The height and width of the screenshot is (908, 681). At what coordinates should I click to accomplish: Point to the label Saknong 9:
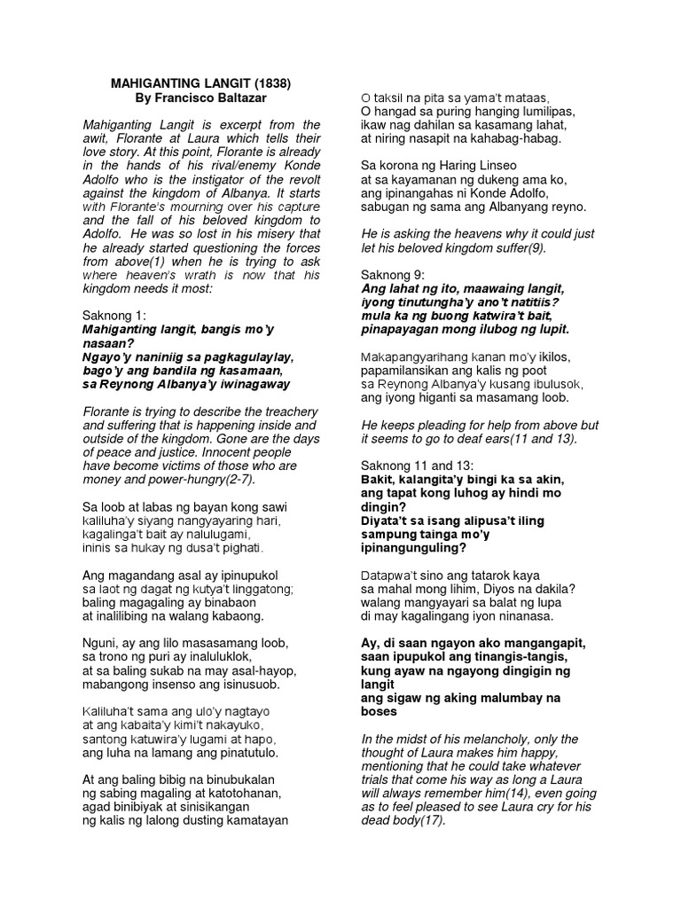pyautogui.click(x=392, y=275)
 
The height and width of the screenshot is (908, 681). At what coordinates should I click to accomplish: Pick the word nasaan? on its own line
pyautogui.click(x=108, y=343)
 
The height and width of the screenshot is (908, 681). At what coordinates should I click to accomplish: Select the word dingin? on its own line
pyautogui.click(x=384, y=506)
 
